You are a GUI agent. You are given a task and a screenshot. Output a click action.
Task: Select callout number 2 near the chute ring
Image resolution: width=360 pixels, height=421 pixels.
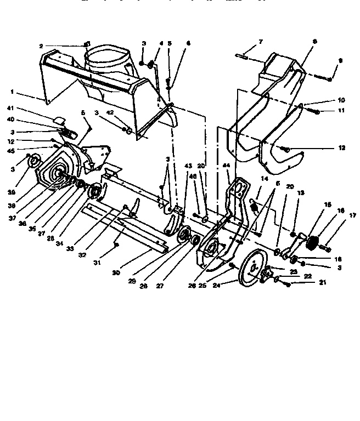tap(41, 46)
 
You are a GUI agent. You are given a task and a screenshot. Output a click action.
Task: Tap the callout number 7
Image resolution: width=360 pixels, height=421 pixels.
tap(261, 42)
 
